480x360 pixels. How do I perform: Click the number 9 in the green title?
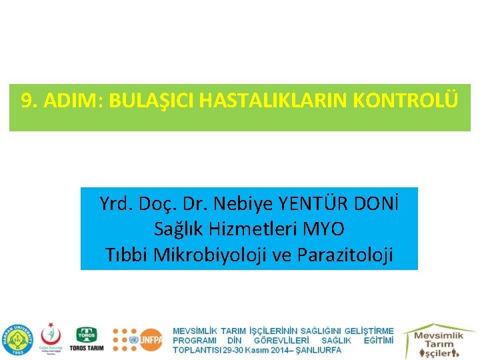pyautogui.click(x=27, y=101)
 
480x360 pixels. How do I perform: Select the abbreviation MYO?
pyautogui.click(x=323, y=229)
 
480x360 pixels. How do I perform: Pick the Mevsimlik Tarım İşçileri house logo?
pyautogui.click(x=438, y=340)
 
